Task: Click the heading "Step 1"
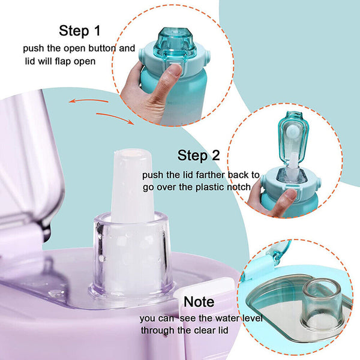click(x=80, y=31)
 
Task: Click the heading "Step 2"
click(x=199, y=155)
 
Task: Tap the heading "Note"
click(x=199, y=301)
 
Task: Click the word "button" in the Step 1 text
click(x=102, y=48)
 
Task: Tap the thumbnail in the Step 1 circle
click(x=176, y=70)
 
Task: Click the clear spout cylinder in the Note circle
click(x=323, y=302)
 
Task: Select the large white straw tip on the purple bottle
click(x=132, y=186)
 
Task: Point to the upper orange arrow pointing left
click(x=88, y=101)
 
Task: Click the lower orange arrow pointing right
click(x=115, y=118)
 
